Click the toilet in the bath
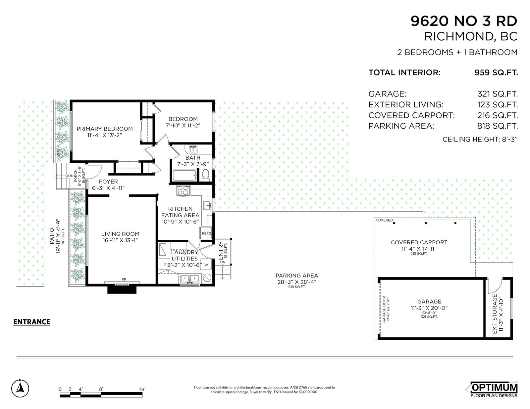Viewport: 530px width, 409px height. pos(206,175)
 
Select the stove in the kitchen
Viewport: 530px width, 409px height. pos(183,190)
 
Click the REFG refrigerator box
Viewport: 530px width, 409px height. pos(206,233)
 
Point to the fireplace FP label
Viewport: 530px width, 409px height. pos(124,279)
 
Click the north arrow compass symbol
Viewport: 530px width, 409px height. pos(20,388)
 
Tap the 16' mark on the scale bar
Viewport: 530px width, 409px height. pos(142,389)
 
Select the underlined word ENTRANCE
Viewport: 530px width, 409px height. pos(32,322)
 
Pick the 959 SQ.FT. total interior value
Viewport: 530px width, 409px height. pos(496,72)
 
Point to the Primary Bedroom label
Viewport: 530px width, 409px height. pos(105,129)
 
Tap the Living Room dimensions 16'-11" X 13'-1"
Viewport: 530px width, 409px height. pos(120,240)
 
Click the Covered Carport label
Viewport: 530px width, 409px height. pos(419,242)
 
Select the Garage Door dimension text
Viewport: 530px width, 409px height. pos(386,309)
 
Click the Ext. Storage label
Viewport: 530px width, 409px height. pos(495,314)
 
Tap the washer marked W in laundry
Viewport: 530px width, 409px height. pos(206,265)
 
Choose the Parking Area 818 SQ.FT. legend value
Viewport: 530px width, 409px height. pos(498,126)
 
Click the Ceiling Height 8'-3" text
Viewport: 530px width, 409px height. pos(480,139)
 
